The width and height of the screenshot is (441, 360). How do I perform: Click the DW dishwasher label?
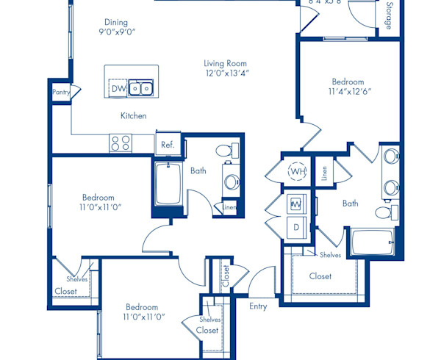pyautogui.click(x=118, y=89)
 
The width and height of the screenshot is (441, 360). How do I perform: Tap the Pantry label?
pyautogui.click(x=60, y=93)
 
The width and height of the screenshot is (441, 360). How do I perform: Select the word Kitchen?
pyautogui.click(x=133, y=116)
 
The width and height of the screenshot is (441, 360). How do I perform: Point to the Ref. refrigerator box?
pyautogui.click(x=168, y=145)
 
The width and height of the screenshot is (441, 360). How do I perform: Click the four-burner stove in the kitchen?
pyautogui.click(x=121, y=143)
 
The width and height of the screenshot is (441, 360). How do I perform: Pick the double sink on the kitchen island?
pyautogui.click(x=140, y=88)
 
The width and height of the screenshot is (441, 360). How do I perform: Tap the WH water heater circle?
pyautogui.click(x=297, y=171)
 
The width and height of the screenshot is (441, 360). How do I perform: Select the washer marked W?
pyautogui.click(x=297, y=204)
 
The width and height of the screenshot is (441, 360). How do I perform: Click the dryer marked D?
pyautogui.click(x=297, y=228)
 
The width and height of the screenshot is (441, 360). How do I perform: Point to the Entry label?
pyautogui.click(x=258, y=306)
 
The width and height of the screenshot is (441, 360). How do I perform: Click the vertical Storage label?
pyautogui.click(x=388, y=16)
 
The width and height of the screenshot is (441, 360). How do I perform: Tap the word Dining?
pyautogui.click(x=116, y=23)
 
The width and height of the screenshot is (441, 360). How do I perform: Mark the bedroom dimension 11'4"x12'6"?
pyautogui.click(x=347, y=93)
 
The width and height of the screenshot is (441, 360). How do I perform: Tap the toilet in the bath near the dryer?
pyautogui.click(x=383, y=212)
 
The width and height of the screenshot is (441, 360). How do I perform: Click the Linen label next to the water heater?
pyautogui.click(x=324, y=173)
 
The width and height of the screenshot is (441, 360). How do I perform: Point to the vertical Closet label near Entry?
pyautogui.click(x=226, y=276)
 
